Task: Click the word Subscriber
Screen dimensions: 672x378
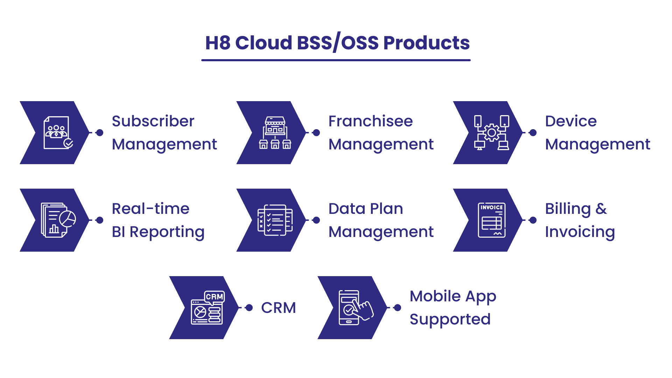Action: click(153, 121)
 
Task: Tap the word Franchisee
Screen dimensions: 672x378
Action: click(371, 121)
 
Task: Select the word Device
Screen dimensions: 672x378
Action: click(571, 121)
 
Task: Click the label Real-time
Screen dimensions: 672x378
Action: click(150, 209)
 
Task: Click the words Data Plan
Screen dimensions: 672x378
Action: click(366, 209)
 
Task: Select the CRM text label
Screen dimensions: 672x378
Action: click(279, 308)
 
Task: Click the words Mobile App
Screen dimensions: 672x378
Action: click(453, 297)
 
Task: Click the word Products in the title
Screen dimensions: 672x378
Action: click(426, 43)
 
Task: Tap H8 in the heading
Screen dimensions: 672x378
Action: click(218, 43)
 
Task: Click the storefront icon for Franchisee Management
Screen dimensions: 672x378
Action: click(275, 133)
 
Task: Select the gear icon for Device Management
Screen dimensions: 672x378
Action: click(492, 133)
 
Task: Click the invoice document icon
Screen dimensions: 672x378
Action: click(492, 220)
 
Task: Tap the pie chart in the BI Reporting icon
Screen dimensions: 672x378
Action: click(68, 219)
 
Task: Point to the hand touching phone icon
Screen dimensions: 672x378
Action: click(356, 308)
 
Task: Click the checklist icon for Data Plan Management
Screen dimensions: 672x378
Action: click(275, 220)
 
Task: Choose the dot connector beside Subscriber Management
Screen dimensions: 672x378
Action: click(100, 133)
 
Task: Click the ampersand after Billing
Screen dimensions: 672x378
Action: click(601, 209)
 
